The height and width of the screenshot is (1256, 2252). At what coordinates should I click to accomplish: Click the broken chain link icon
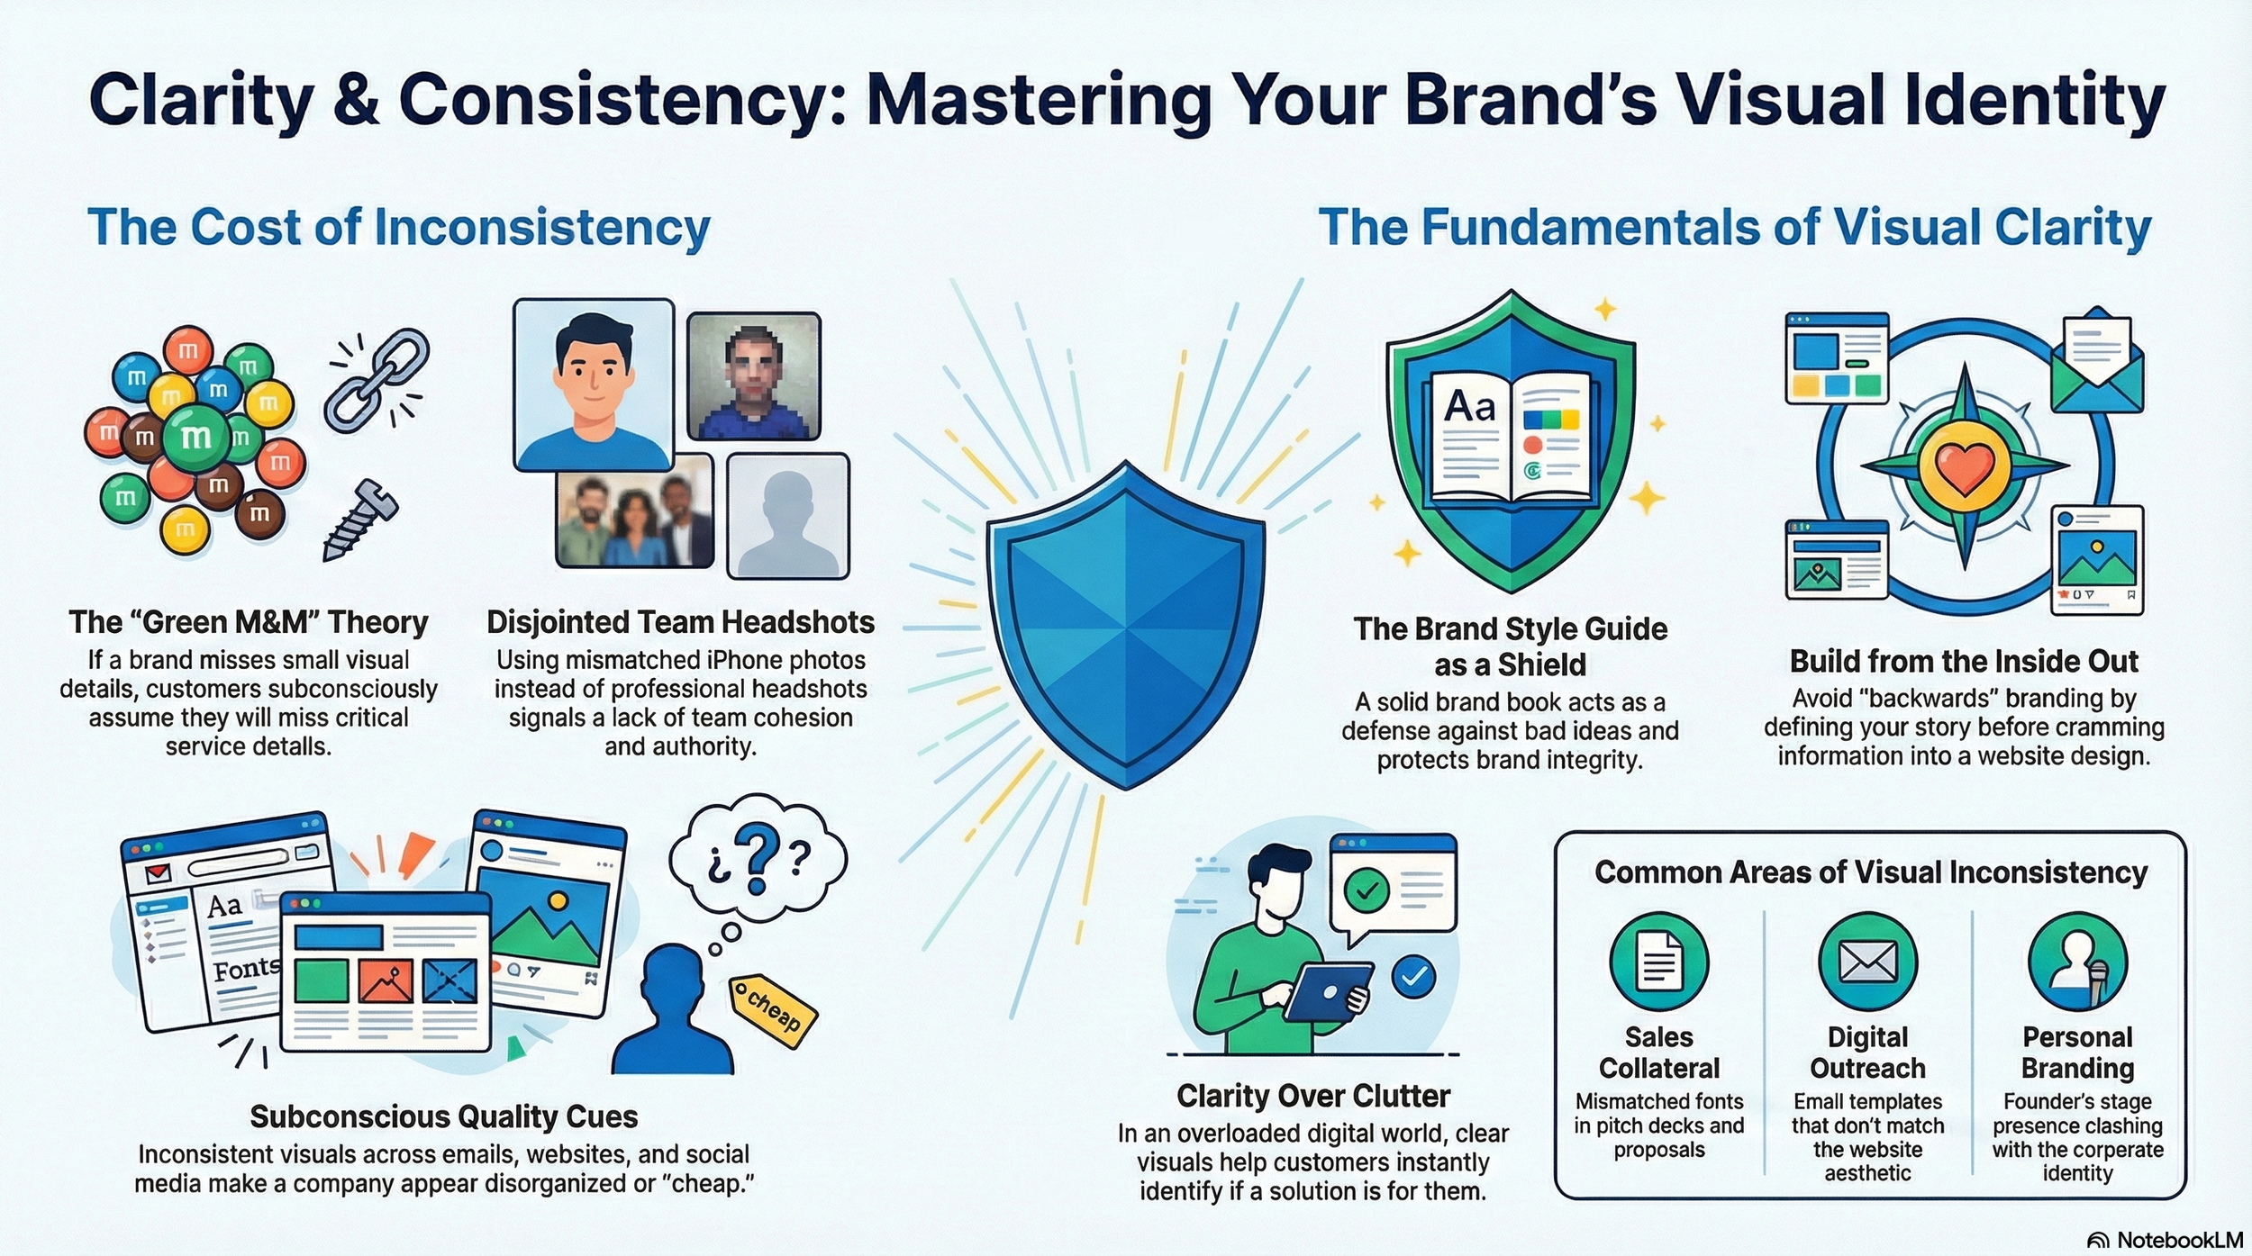click(377, 379)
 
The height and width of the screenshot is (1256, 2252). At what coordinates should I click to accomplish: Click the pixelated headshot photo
click(753, 375)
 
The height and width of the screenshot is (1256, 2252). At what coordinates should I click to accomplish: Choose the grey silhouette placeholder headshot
click(787, 515)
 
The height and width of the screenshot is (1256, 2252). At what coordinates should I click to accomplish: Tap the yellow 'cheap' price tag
click(773, 1010)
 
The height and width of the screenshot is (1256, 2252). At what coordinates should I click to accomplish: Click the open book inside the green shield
click(1511, 438)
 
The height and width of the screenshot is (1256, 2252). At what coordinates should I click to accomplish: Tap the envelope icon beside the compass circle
click(2096, 362)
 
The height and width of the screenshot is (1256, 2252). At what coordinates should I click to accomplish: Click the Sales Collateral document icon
click(1658, 961)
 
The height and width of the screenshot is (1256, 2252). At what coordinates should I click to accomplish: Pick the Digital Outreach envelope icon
click(1867, 961)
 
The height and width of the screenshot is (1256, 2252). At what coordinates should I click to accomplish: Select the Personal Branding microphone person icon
click(2077, 961)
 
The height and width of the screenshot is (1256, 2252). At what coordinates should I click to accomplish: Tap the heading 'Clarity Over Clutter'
click(1312, 1096)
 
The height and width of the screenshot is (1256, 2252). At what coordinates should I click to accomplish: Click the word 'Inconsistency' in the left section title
click(541, 227)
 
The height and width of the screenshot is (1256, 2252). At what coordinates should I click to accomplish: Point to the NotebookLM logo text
click(2179, 1240)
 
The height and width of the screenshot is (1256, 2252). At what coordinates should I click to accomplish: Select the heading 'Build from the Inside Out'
click(1963, 661)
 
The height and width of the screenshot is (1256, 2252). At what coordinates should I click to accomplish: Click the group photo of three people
click(634, 510)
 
